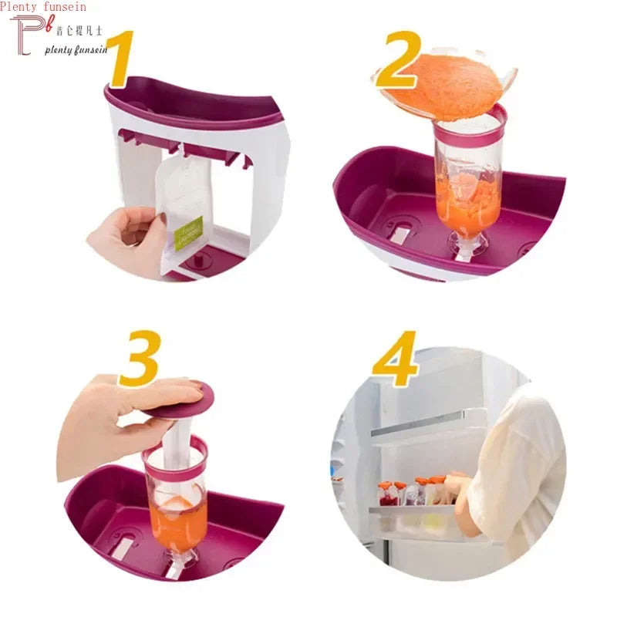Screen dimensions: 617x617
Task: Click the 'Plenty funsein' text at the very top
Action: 43,7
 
